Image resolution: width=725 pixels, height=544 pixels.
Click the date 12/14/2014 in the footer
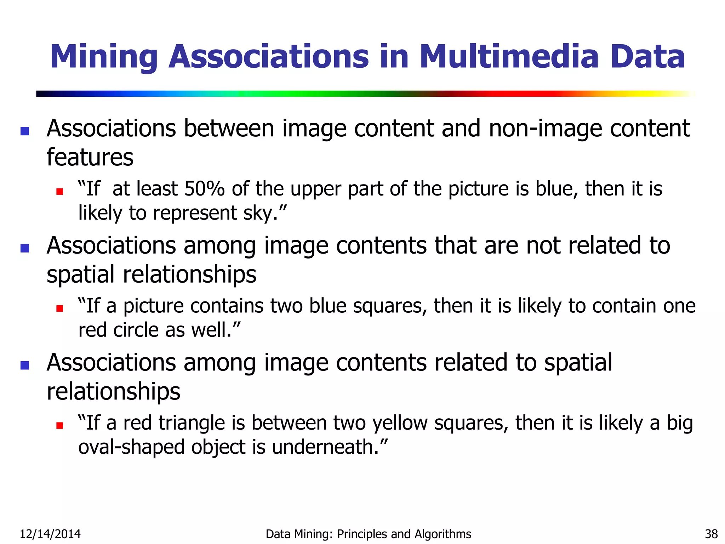tap(50, 534)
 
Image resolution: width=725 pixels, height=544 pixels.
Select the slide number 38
tap(711, 534)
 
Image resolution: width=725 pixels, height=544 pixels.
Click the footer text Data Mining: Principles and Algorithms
tap(368, 534)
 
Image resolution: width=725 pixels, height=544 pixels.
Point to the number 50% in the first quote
tap(204, 188)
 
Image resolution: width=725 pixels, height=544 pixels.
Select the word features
tap(90, 157)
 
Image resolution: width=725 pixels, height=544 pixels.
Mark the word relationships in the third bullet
tap(113, 392)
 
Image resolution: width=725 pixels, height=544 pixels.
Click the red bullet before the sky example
tap(59, 192)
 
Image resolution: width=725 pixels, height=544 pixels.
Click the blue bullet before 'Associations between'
tap(25, 131)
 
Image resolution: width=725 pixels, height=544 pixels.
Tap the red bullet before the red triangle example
tap(59, 425)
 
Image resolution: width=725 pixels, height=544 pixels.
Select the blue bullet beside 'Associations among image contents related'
tap(25, 365)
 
